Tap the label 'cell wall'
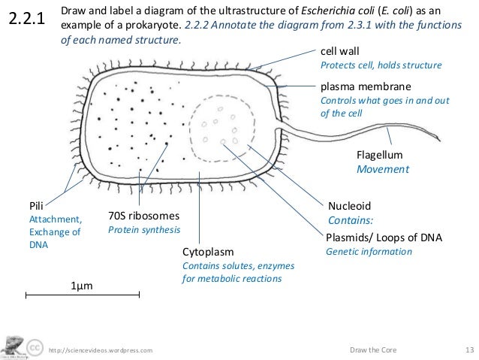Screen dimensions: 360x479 (341, 51)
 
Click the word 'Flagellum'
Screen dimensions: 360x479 (379, 155)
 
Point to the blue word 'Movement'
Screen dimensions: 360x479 (382, 169)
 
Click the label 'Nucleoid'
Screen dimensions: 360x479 (350, 205)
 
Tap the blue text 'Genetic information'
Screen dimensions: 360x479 (369, 251)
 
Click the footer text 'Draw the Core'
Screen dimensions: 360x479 (374, 349)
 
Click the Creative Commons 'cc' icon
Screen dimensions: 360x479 (35, 349)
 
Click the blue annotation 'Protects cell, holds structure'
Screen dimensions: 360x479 (381, 65)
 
